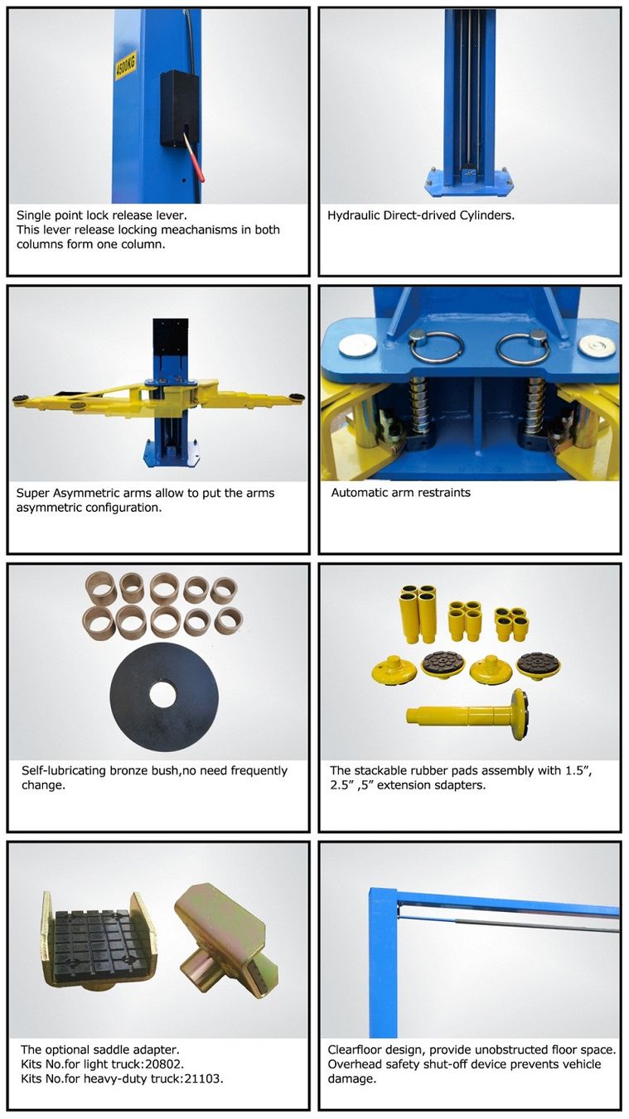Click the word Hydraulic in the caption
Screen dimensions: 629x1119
pos(354,216)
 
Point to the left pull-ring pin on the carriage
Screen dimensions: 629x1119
pos(434,347)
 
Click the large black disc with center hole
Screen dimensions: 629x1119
pos(164,697)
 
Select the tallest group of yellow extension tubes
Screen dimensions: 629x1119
pos(418,614)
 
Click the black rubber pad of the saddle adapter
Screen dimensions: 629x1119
pos(91,948)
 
